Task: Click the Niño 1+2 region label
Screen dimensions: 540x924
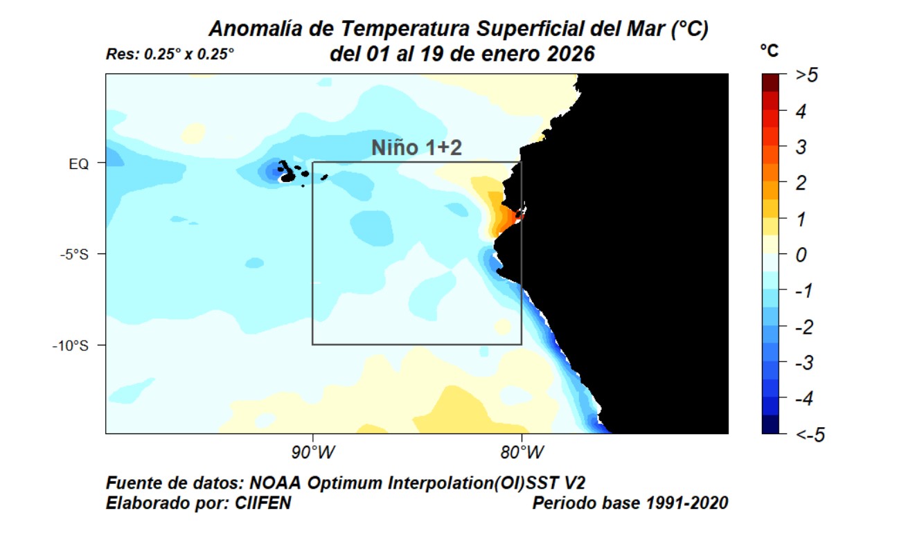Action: [416, 147]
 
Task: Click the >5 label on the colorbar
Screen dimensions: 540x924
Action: [806, 75]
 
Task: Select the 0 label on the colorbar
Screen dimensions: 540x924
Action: [801, 255]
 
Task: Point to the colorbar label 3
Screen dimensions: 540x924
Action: [801, 147]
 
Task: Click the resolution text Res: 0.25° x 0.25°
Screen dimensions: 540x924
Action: [170, 54]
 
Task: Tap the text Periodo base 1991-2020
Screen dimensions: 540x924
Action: [630, 503]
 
